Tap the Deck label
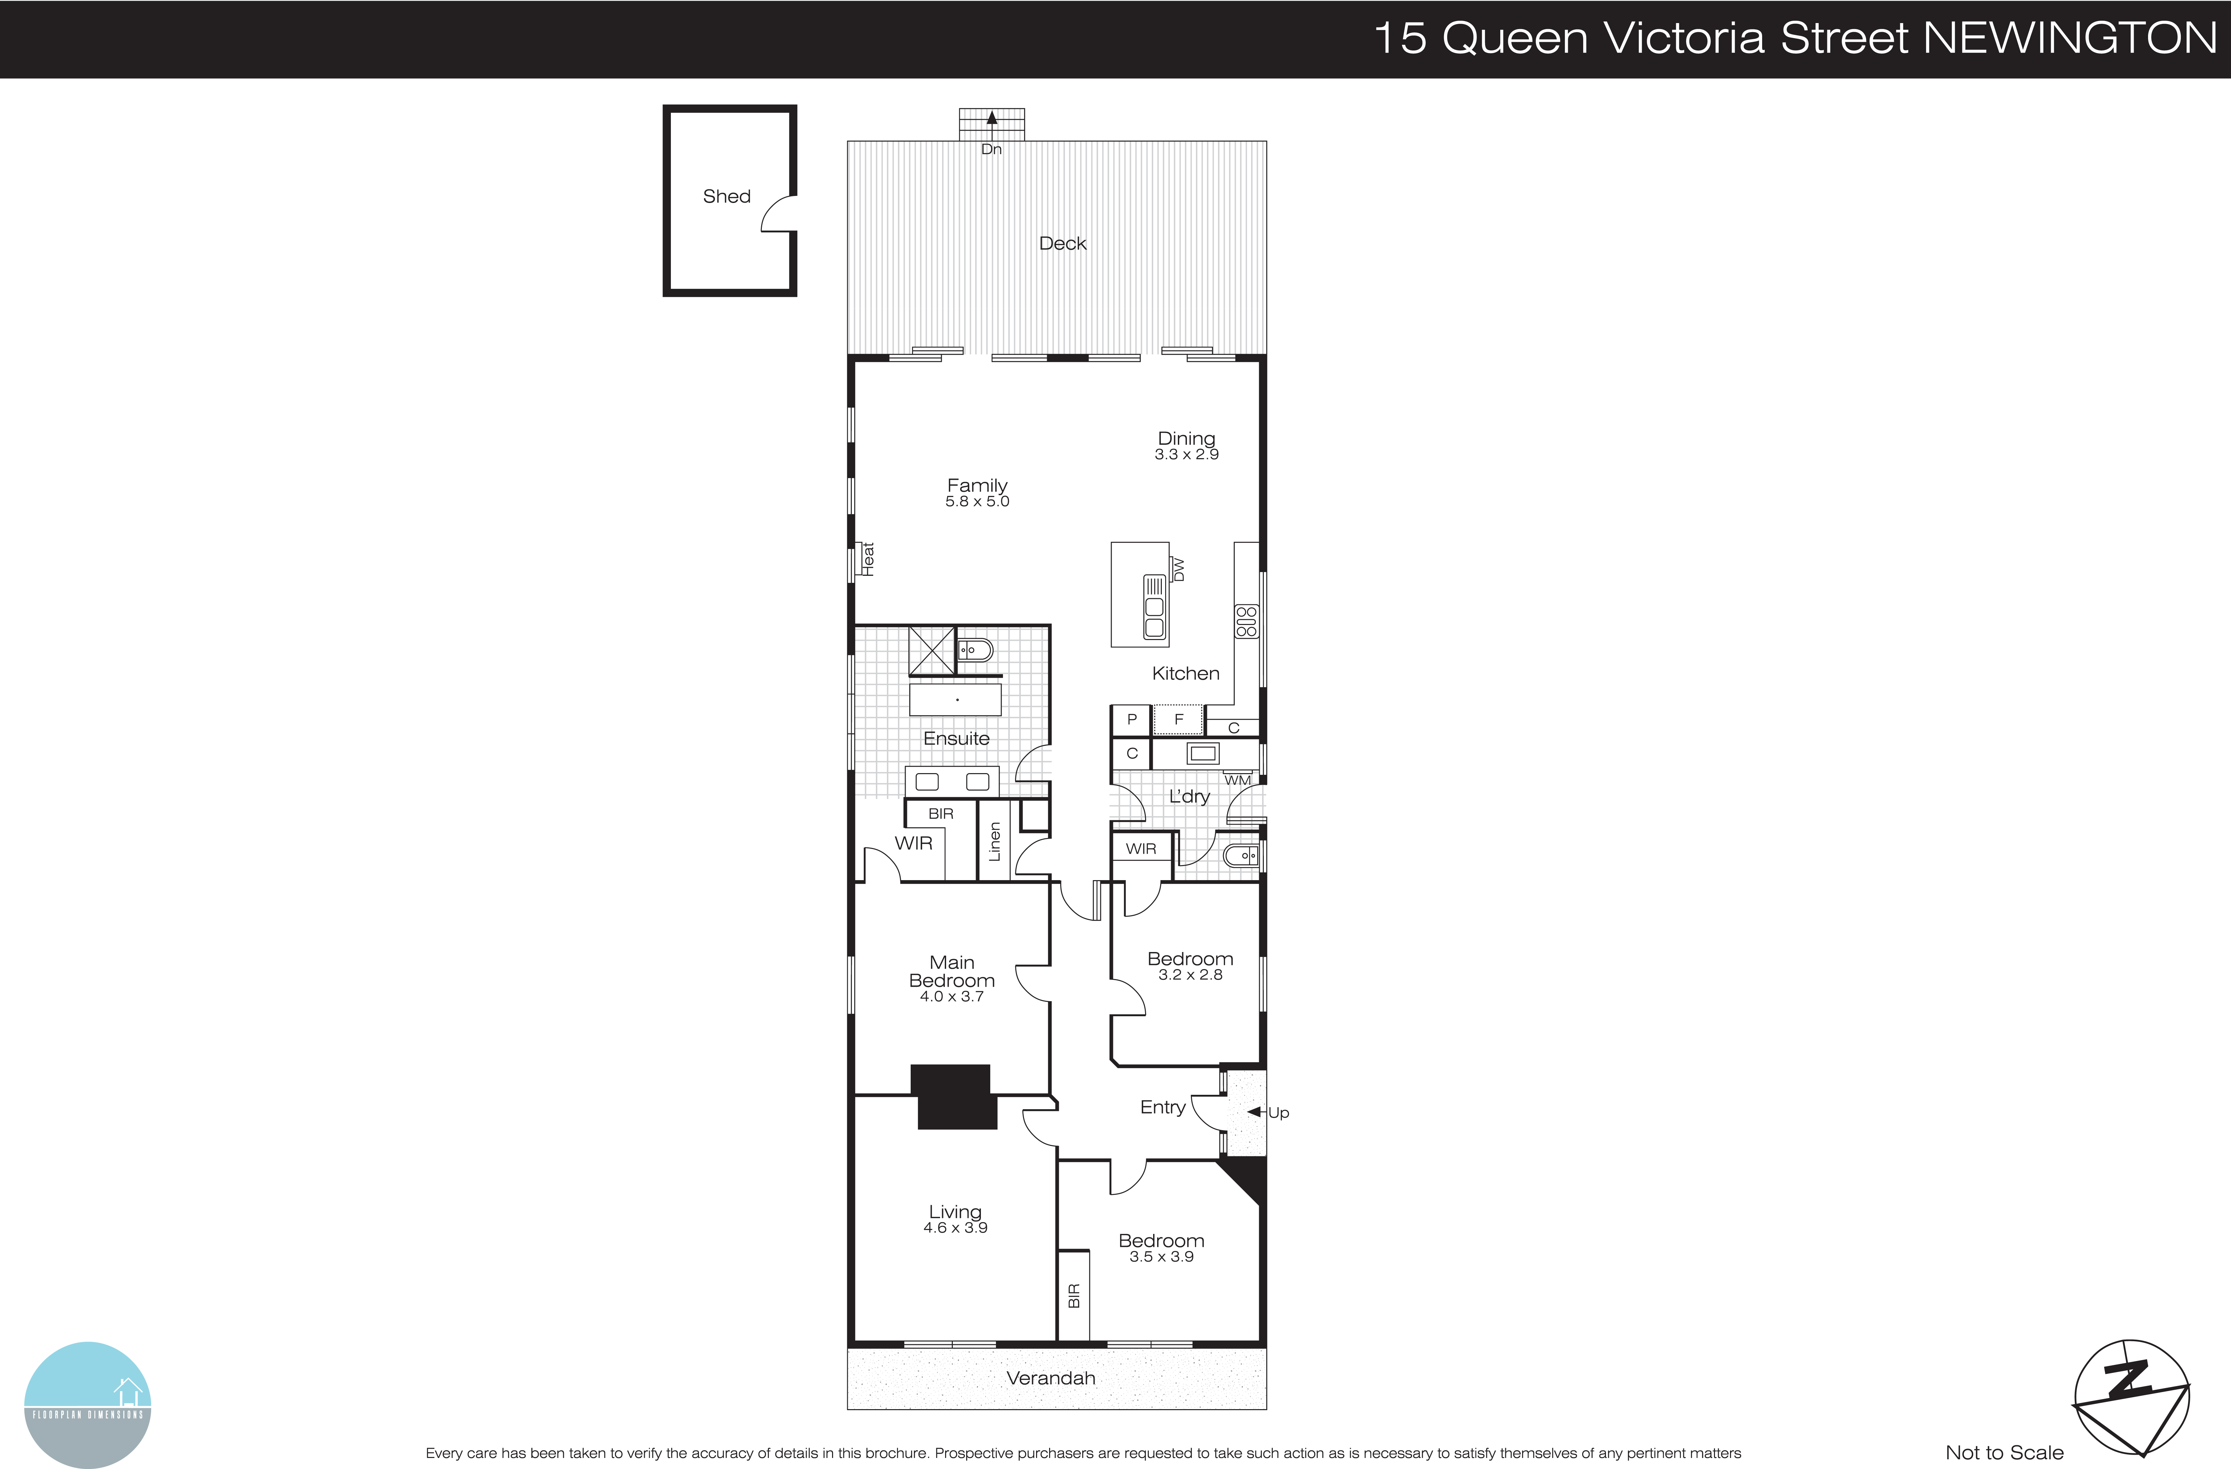click(x=1062, y=244)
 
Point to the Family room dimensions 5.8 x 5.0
click(x=977, y=502)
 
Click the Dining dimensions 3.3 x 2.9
click(x=1186, y=455)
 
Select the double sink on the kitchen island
click(x=1154, y=607)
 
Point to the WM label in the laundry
click(x=1237, y=780)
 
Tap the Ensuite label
click(x=956, y=739)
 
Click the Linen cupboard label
click(x=995, y=842)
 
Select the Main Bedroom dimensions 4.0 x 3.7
click(x=951, y=996)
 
